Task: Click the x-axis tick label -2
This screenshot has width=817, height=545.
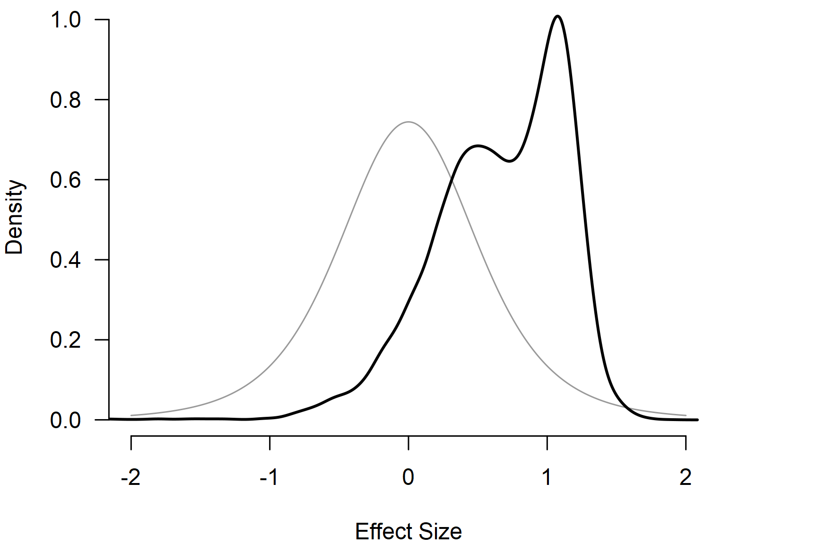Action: (x=131, y=478)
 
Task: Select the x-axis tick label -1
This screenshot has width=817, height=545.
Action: (x=269, y=478)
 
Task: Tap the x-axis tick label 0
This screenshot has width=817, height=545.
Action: (x=408, y=478)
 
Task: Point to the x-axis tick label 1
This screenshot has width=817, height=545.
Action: (x=547, y=478)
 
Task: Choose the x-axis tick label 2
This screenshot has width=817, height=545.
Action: (x=686, y=478)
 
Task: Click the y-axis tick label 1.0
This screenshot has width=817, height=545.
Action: (x=66, y=20)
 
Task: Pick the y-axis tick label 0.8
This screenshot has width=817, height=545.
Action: (x=66, y=100)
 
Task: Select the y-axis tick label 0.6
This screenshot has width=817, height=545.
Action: (x=66, y=180)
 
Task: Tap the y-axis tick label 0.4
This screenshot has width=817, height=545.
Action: (x=66, y=260)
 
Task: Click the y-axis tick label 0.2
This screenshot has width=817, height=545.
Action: (x=66, y=340)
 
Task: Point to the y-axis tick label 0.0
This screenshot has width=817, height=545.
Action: (x=66, y=420)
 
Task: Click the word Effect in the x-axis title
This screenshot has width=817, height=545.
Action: (x=382, y=532)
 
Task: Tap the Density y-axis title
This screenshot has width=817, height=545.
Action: (x=15, y=217)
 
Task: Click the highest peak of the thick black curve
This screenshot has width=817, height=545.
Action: (x=558, y=17)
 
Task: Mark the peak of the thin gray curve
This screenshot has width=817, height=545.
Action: (x=408, y=122)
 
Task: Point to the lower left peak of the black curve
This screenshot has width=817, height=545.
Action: (x=478, y=146)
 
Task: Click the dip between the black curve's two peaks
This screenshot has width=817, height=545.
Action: (x=509, y=161)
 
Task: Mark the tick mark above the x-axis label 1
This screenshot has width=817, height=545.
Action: (x=547, y=443)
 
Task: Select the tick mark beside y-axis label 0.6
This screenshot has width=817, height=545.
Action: (x=102, y=180)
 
